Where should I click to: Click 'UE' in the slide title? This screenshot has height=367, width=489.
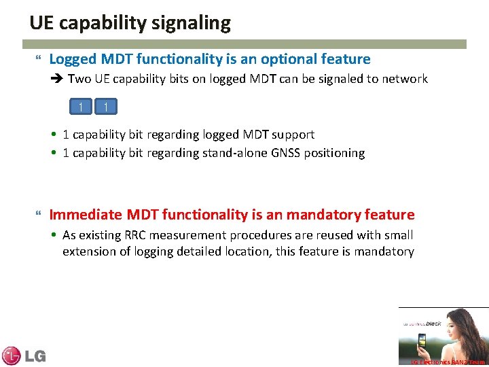click(41, 23)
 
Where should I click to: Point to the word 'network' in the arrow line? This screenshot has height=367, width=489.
click(405, 79)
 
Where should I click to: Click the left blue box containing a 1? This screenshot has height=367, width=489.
click(81, 107)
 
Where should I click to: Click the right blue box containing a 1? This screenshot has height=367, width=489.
click(107, 107)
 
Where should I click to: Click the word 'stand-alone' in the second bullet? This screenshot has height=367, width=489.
click(234, 153)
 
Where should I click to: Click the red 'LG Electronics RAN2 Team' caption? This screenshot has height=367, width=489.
click(448, 362)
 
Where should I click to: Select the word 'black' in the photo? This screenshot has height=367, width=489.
click(433, 324)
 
